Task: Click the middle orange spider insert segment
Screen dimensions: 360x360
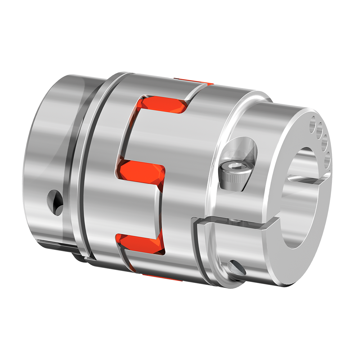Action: click(142, 172)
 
